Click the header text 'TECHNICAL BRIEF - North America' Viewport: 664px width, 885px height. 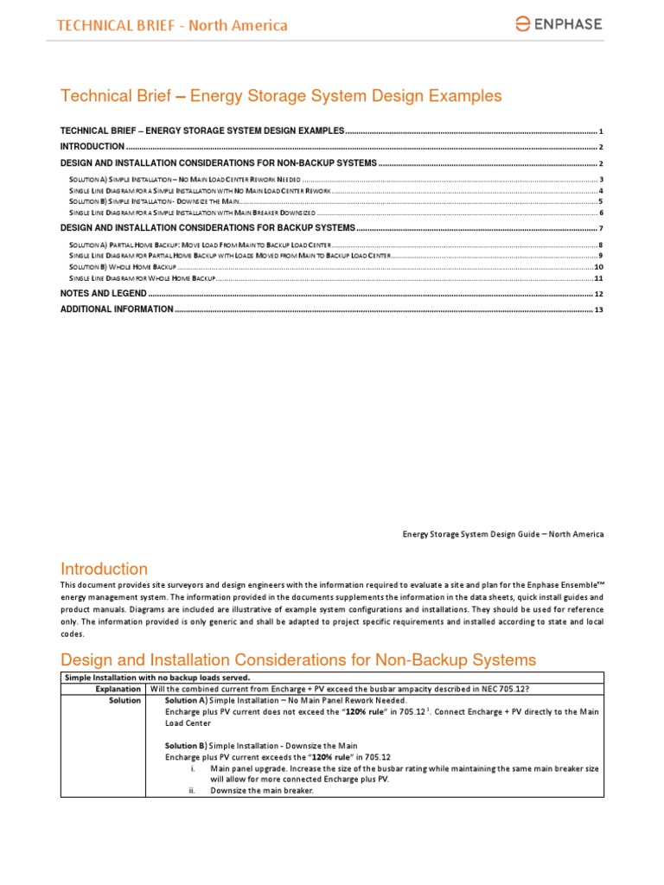click(172, 25)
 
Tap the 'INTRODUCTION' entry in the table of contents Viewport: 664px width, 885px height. click(92, 147)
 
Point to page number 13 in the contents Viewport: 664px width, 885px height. click(598, 309)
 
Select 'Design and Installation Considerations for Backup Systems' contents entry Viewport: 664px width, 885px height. click(207, 227)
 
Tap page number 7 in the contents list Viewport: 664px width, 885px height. click(600, 228)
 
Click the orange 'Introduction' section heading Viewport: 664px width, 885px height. click(104, 569)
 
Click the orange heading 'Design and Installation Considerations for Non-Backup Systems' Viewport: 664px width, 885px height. click(297, 659)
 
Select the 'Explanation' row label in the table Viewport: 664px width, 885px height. click(118, 689)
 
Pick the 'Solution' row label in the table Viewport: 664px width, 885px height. click(124, 700)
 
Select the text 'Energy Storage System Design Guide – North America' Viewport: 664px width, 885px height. click(503, 533)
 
